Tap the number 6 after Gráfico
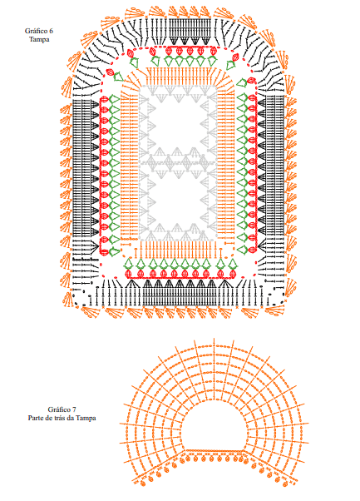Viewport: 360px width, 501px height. (51, 31)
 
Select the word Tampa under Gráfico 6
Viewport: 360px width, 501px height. (39, 40)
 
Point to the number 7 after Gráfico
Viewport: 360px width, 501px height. (74, 409)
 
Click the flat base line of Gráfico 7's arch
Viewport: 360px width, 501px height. (215, 450)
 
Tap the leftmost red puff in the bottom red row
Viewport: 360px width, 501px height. (128, 274)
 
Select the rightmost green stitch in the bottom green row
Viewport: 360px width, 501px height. (232, 264)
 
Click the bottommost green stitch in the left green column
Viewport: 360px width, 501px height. (114, 251)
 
